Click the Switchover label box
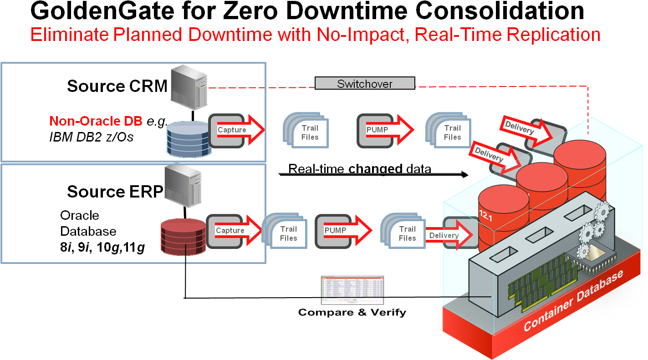pyautogui.click(x=365, y=83)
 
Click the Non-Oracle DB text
pyautogui.click(x=96, y=121)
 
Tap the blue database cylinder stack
pyautogui.click(x=185, y=139)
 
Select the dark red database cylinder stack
pyautogui.click(x=184, y=237)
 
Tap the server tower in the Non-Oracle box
pyautogui.click(x=189, y=88)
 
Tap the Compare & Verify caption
pyautogui.click(x=352, y=312)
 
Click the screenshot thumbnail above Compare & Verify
pyautogui.click(x=352, y=290)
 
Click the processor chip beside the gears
pyautogui.click(x=583, y=259)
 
